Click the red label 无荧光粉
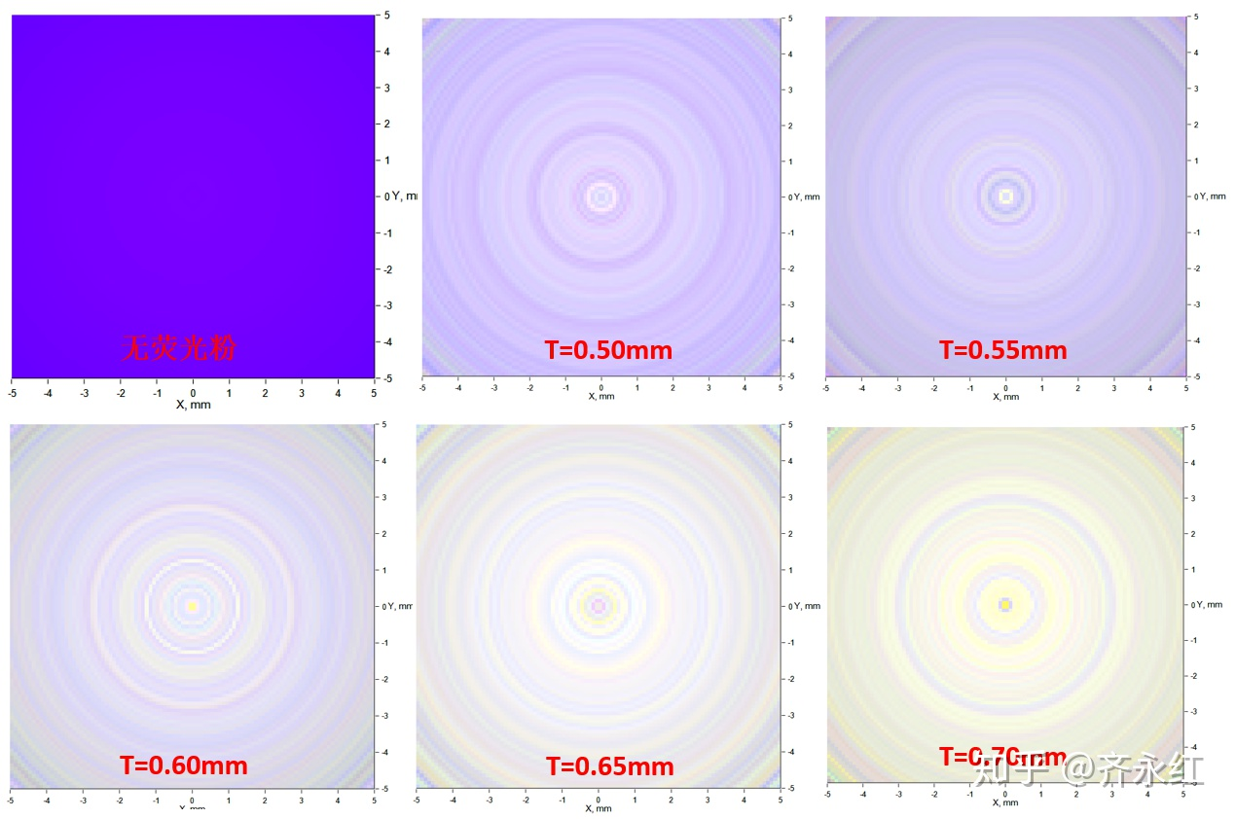178,347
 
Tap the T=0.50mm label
607,350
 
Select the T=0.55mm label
1002,350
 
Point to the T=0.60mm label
184,766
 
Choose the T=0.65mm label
609,767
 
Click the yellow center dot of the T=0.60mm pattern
192,606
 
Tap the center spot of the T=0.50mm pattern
600,196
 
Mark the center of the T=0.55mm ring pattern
1006,196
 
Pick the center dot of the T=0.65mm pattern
598,606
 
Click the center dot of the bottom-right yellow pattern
1005,605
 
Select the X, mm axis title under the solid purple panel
193,405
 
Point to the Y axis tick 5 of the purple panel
386,16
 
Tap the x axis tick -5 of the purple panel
12,393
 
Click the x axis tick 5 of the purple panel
375,393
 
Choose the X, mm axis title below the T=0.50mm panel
600,396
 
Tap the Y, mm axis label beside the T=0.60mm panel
400,606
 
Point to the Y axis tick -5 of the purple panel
386,378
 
